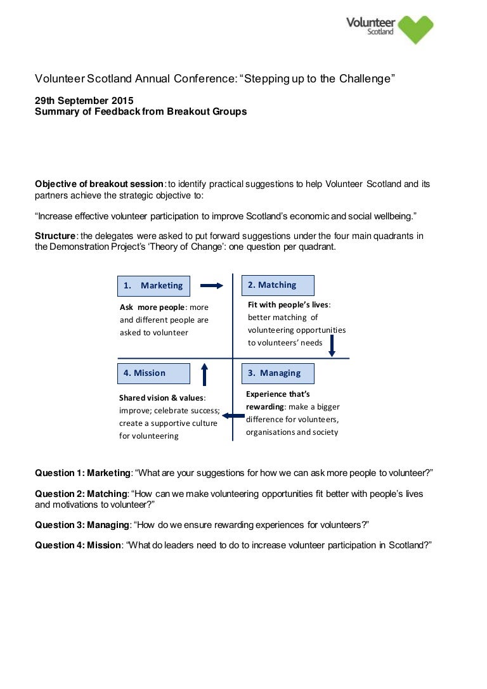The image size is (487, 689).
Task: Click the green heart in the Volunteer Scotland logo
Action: [x=415, y=29]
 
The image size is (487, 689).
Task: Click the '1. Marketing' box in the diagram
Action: [x=153, y=285]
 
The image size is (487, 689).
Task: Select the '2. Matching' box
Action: [x=278, y=285]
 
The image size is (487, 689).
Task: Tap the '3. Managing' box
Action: [x=278, y=373]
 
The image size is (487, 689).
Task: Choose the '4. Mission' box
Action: [x=153, y=373]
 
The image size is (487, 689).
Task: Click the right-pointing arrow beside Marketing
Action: [x=212, y=286]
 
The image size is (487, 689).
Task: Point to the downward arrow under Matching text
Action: [x=331, y=345]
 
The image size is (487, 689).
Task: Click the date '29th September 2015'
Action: [x=84, y=101]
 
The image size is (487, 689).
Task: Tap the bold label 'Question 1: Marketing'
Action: [x=82, y=473]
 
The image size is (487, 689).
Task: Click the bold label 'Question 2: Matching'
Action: [x=81, y=494]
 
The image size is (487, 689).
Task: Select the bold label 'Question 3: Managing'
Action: [x=82, y=525]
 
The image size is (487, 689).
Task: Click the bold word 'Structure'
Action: [x=55, y=236]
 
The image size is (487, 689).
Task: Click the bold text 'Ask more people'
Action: [x=152, y=307]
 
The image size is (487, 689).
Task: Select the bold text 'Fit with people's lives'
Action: [x=288, y=305]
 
